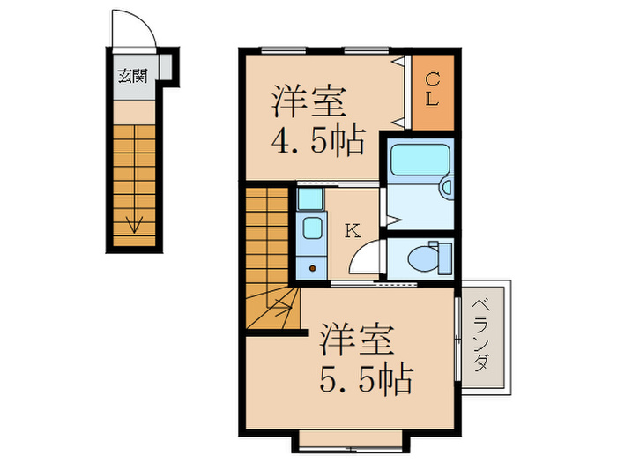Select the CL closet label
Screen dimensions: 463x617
coord(431,90)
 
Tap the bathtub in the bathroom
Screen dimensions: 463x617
coord(420,160)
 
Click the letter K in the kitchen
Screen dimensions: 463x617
coord(352,231)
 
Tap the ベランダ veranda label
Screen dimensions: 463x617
coord(482,335)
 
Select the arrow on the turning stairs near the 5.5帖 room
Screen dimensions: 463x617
coord(280,309)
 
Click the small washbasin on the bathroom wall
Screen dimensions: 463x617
coord(446,187)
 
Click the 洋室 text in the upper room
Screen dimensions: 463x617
coord(306,99)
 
